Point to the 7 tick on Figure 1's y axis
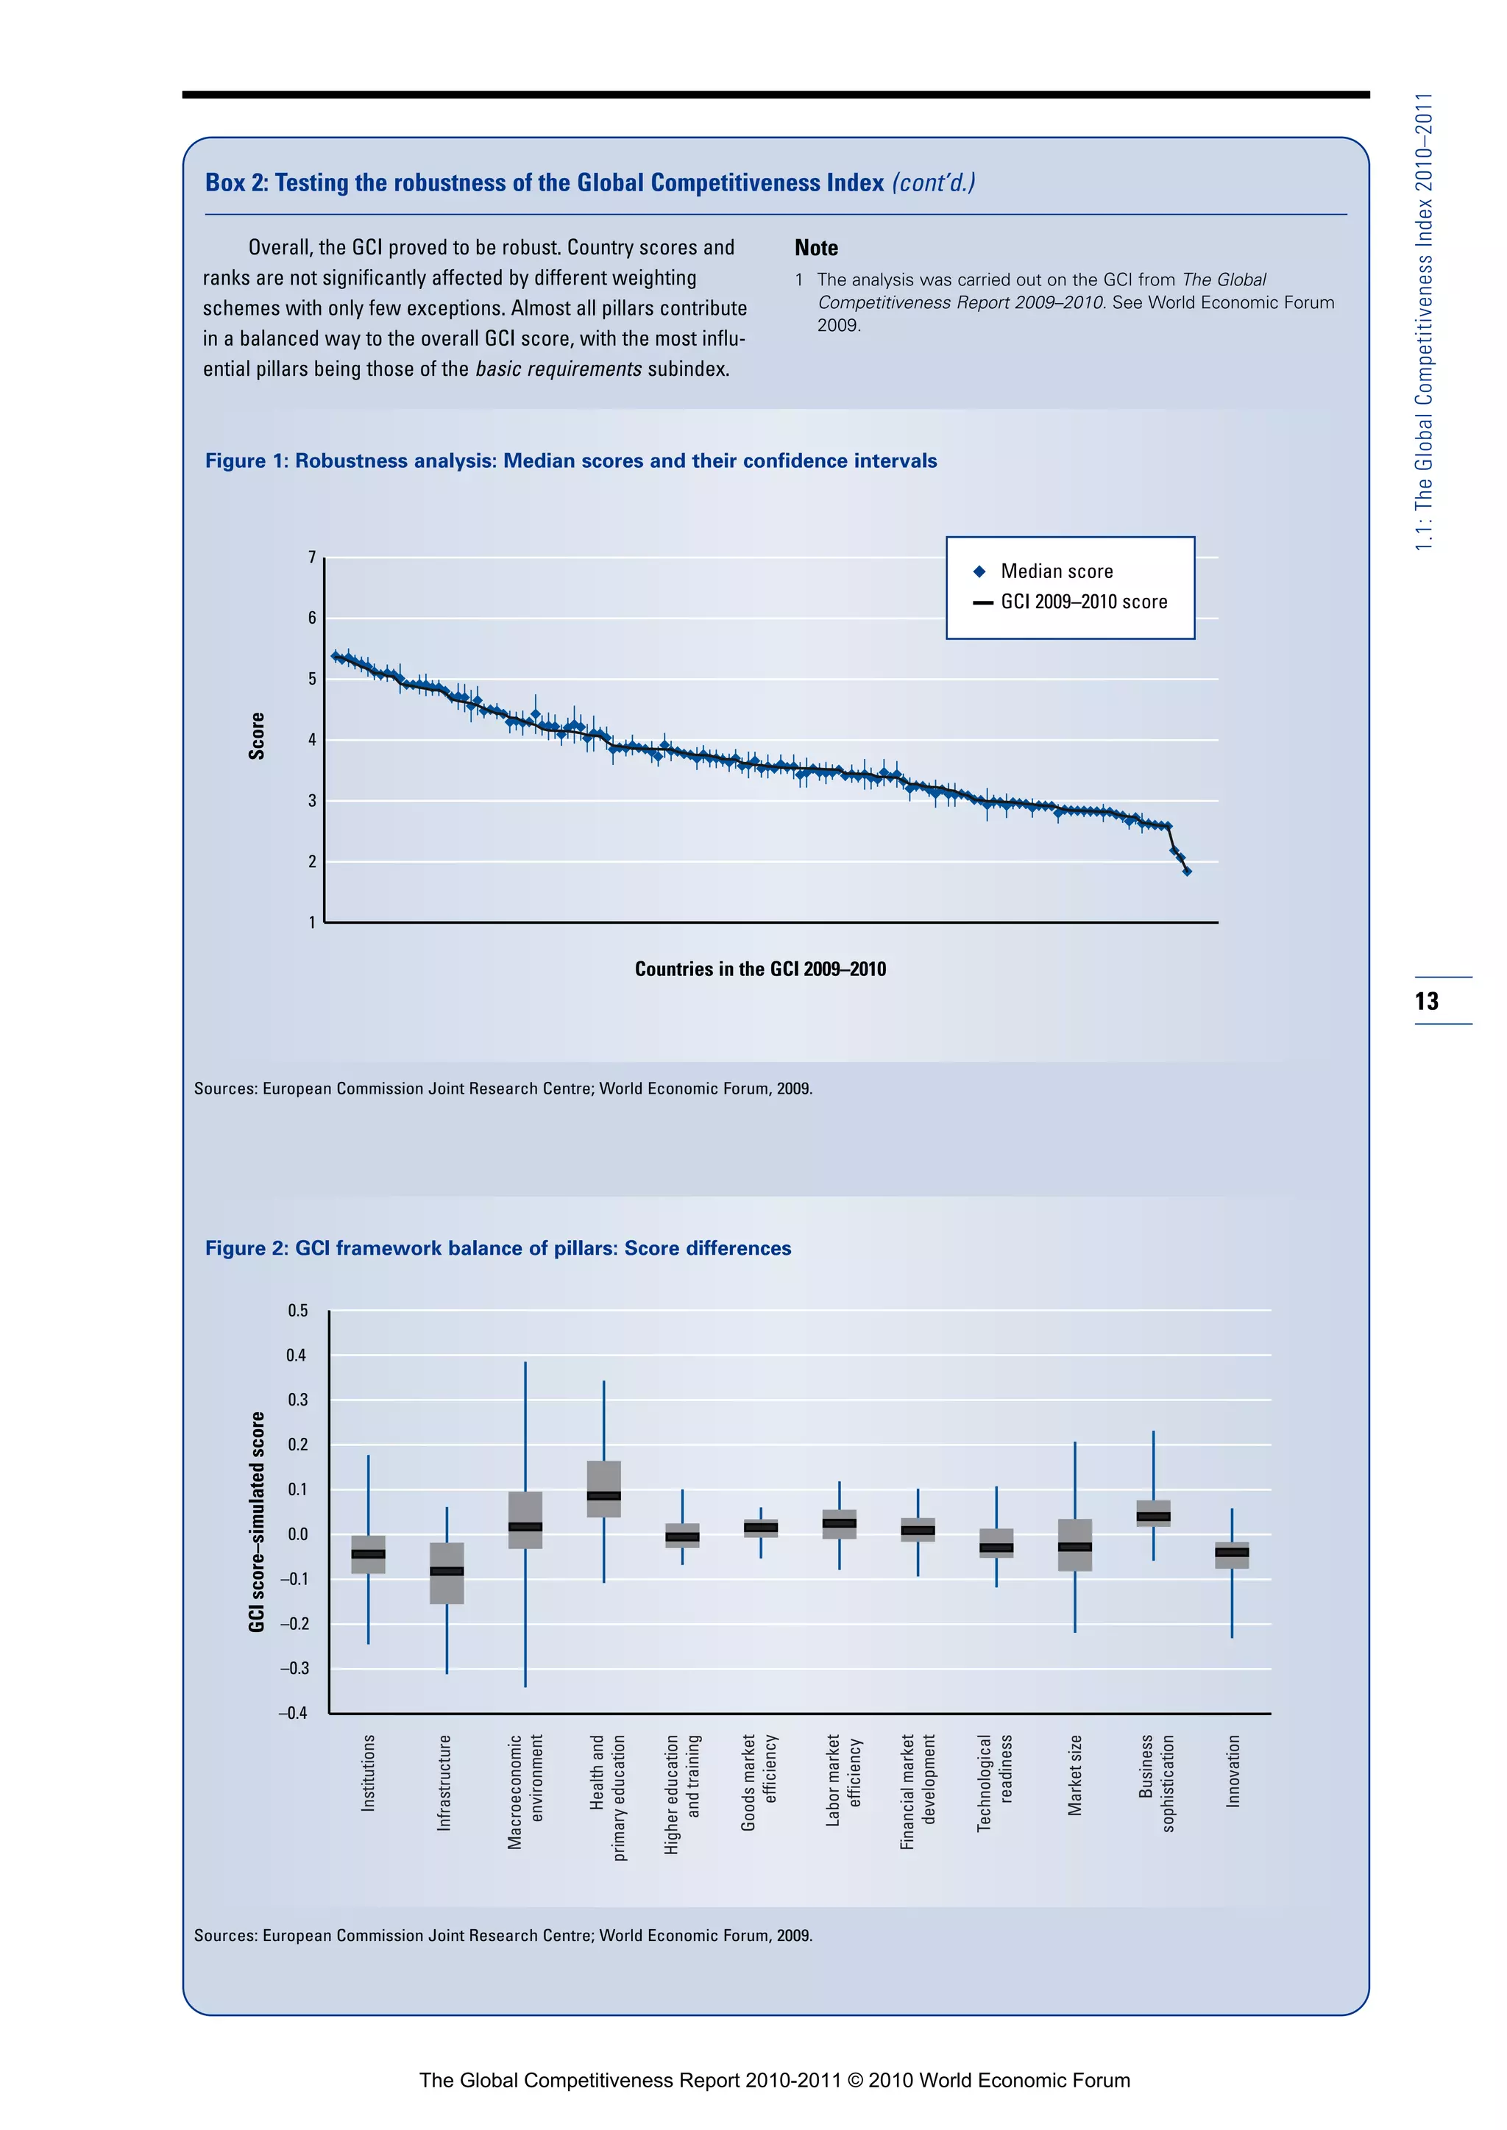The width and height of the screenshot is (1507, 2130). tap(312, 558)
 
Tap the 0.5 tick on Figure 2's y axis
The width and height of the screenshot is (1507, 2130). tap(297, 1311)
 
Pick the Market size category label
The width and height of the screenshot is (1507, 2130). tap(1074, 1775)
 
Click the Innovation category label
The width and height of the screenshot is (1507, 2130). tap(1233, 1771)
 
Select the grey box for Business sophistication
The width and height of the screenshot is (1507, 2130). tap(1154, 1513)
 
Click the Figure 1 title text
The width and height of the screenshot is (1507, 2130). tap(571, 461)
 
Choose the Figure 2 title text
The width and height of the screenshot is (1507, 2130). tap(498, 1249)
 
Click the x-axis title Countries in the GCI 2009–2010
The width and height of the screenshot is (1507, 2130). tap(760, 969)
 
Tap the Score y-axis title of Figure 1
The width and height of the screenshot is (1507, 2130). tap(257, 736)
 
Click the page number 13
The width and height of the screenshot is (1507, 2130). tap(1426, 1001)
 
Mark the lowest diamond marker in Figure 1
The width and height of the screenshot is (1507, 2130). tap(1187, 871)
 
